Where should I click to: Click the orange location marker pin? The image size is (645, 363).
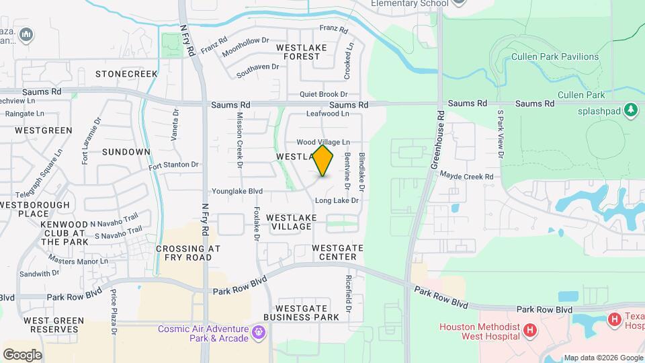(323, 161)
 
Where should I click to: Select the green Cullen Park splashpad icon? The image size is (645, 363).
(630, 109)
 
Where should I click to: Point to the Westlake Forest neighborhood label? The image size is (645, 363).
(301, 52)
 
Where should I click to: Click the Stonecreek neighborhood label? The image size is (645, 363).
(126, 73)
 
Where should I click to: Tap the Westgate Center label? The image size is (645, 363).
(338, 252)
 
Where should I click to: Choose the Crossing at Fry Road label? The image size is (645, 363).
(188, 253)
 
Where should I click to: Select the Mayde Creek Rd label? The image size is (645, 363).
(467, 177)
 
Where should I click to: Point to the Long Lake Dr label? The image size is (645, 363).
(337, 200)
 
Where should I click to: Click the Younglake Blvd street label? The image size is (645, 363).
(236, 191)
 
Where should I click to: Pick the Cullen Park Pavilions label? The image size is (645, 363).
(555, 57)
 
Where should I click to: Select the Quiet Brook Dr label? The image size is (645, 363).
(323, 95)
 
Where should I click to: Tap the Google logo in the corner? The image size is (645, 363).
(22, 354)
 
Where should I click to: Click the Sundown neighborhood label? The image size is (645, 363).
(126, 152)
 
